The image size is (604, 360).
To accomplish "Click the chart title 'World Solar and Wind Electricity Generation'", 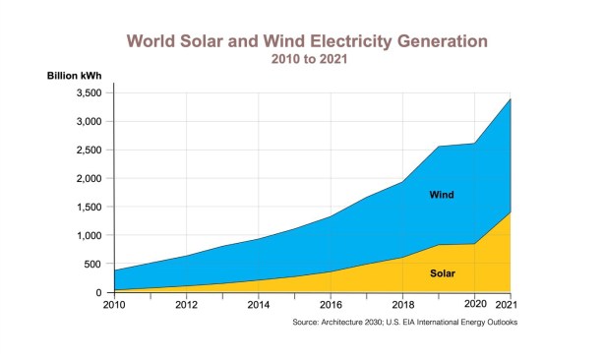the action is tap(307, 41).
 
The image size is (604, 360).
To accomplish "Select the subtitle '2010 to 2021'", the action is tap(309, 59).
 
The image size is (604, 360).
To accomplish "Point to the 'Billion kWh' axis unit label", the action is tap(75, 76).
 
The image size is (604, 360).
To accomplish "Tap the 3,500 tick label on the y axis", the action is tap(89, 93).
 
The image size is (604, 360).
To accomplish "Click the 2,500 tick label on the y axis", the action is tap(89, 150).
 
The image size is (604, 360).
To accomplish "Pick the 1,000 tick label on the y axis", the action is tap(89, 235).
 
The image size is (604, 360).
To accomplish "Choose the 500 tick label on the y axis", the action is tap(92, 265).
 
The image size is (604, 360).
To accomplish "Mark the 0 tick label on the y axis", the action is tap(99, 292).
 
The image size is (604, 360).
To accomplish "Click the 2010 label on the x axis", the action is tap(114, 305).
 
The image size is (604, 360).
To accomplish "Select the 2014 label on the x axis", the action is tap(259, 305).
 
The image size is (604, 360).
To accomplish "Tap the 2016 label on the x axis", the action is tap(331, 305).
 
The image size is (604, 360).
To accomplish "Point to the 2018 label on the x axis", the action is tap(403, 305).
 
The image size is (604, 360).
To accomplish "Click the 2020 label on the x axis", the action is tap(475, 304).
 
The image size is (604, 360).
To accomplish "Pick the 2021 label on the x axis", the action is tap(507, 305).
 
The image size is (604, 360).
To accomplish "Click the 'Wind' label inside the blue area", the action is tap(442, 195).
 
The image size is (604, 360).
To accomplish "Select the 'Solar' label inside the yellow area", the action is tap(443, 273).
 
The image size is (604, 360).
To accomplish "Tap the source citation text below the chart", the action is tap(405, 323).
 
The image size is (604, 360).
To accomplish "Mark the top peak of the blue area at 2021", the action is tap(511, 99).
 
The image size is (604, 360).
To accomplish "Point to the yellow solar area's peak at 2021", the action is tap(511, 212).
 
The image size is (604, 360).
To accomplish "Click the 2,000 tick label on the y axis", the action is tap(89, 179).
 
